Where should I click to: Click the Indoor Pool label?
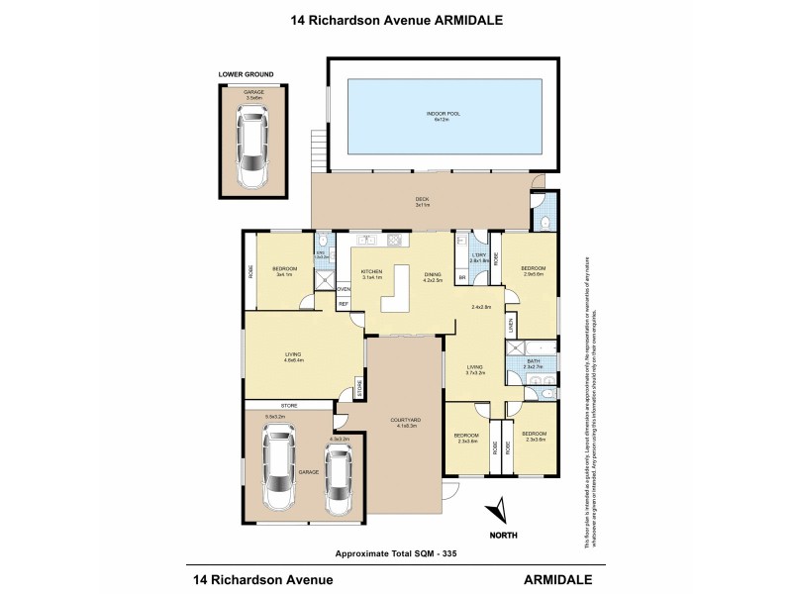point(444,116)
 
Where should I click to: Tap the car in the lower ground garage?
point(253,151)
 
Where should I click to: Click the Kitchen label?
point(371,274)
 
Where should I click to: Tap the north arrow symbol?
point(499,510)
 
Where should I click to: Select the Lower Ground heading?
point(247,74)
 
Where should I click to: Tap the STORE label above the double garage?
point(289,406)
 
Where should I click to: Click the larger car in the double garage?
point(278,471)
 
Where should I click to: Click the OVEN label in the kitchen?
point(344,289)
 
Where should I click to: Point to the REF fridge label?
point(344,304)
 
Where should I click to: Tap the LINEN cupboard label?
point(511,324)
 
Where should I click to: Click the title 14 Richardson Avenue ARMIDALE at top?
point(395,17)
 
